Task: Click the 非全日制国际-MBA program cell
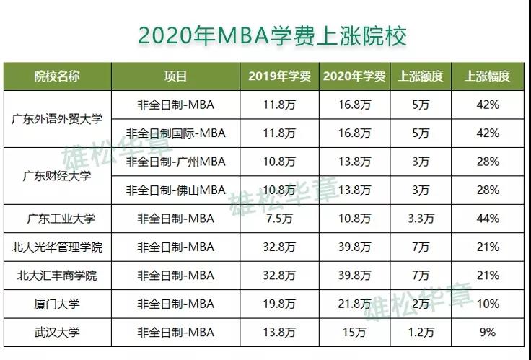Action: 175,133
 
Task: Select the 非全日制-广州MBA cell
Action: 175,162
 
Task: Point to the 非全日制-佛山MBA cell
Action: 175,190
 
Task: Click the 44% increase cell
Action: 488,219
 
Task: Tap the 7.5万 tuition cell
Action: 279,219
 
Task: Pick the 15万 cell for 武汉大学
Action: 354,332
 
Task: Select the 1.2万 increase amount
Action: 421,332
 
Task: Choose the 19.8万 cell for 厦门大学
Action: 279,304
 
